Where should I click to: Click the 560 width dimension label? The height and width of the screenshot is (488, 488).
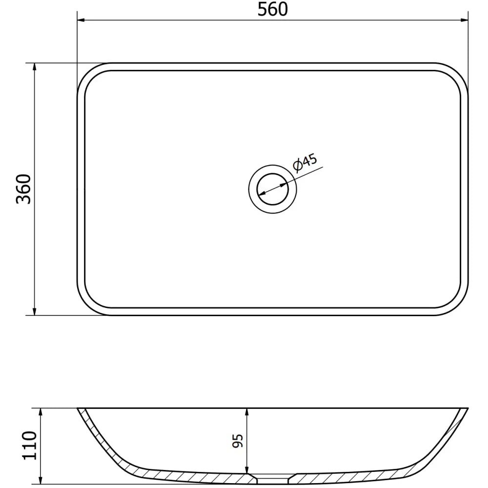click(273, 9)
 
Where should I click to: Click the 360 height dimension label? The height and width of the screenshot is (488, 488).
click(23, 189)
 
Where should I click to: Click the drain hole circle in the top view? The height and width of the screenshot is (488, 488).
click(273, 189)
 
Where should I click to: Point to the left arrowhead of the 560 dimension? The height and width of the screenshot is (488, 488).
click(81, 20)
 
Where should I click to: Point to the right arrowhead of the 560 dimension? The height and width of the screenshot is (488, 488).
click(465, 20)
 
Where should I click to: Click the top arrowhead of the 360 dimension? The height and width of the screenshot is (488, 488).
click(34, 67)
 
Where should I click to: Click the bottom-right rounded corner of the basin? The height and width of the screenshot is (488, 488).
click(458, 305)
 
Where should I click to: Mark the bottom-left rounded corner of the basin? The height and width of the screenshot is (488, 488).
click(87, 305)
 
